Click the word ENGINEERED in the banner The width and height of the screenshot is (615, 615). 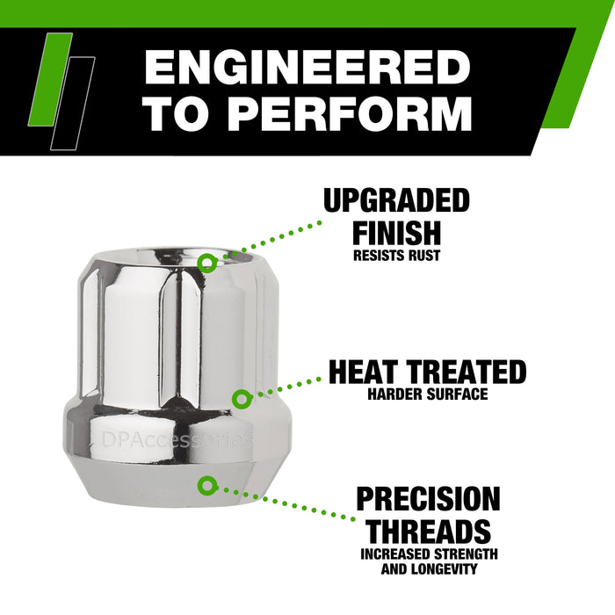click(x=307, y=69)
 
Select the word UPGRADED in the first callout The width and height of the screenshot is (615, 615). click(x=396, y=201)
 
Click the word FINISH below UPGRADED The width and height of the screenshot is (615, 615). click(x=396, y=233)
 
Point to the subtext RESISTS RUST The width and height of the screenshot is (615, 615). click(x=396, y=257)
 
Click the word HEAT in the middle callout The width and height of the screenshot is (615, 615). click(x=373, y=372)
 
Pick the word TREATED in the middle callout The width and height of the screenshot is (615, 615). click(x=471, y=372)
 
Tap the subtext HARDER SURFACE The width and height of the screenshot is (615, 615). click(x=428, y=394)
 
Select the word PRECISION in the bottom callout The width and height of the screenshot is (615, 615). click(x=428, y=499)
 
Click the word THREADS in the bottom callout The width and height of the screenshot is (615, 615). click(x=428, y=531)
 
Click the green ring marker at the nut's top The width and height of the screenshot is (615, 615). click(x=206, y=262)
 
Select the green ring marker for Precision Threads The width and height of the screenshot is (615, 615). click(x=207, y=483)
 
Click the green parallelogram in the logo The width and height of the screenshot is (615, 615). click(x=51, y=77)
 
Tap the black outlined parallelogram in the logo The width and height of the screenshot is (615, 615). click(x=73, y=101)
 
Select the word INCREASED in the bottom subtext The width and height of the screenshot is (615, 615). click(x=399, y=554)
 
